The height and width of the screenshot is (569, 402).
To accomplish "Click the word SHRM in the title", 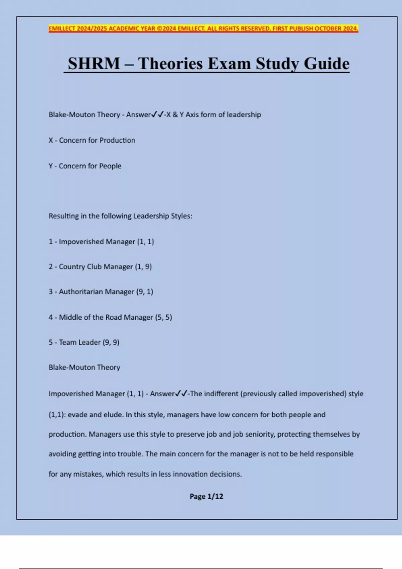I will pyautogui.click(x=94, y=64).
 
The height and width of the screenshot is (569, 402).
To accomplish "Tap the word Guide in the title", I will pyautogui.click(x=327, y=64).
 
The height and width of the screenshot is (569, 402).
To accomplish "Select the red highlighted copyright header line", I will pyautogui.click(x=203, y=28).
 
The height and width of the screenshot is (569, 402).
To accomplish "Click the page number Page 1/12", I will pyautogui.click(x=206, y=496).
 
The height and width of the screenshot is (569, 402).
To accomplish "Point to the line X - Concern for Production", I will pyautogui.click(x=92, y=140).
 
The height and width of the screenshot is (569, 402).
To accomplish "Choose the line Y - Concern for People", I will pyautogui.click(x=85, y=166).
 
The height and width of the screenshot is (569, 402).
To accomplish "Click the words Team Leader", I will pyautogui.click(x=80, y=342).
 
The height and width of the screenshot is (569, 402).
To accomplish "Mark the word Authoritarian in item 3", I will pyautogui.click(x=80, y=292).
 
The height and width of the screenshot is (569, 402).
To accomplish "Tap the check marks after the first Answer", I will pyautogui.click(x=157, y=114).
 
